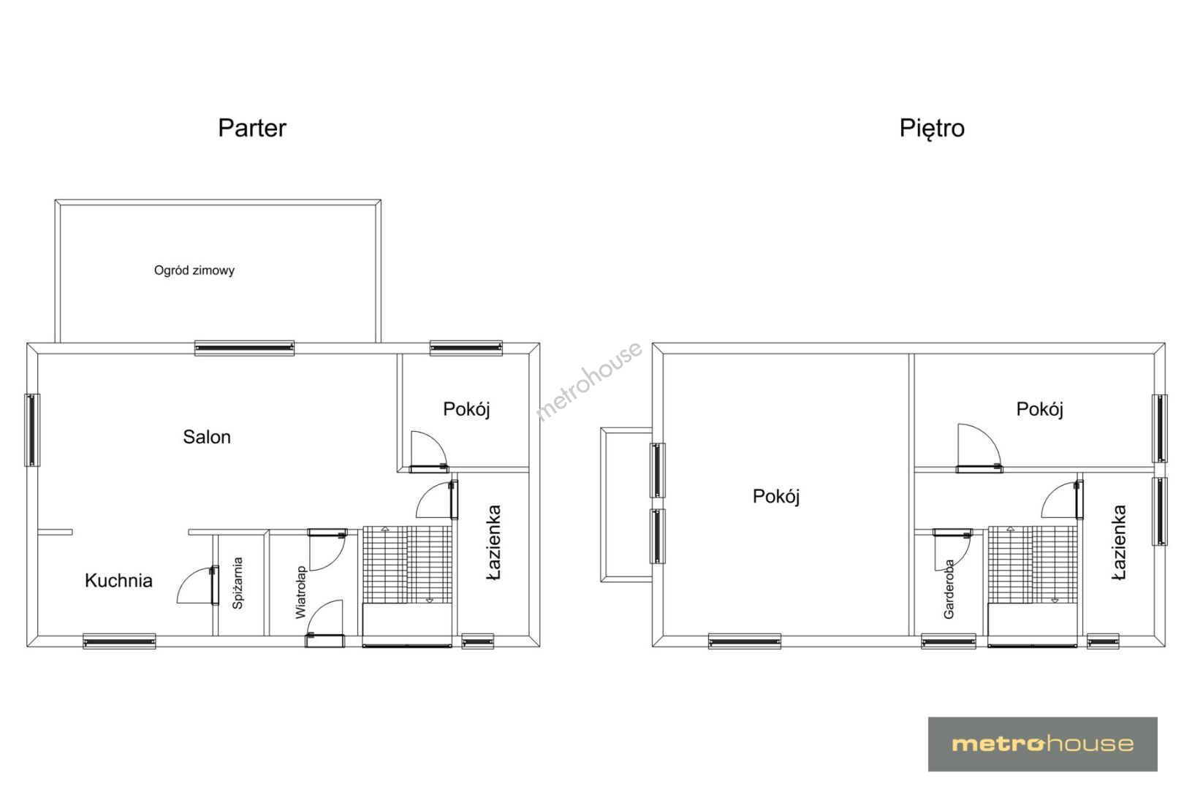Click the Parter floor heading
(252, 129)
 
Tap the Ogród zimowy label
(194, 270)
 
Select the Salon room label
(207, 437)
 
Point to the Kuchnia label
(118, 580)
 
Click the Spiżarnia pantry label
(238, 583)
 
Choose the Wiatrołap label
(301, 592)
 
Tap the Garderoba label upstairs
(949, 590)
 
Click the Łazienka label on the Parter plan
(493, 542)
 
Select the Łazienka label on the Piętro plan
(1119, 543)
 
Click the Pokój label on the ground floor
(466, 409)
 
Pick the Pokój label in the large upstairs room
(776, 496)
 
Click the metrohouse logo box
(1042, 744)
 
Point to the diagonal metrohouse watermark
(589, 381)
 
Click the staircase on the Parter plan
(407, 565)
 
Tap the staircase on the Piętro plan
(1032, 565)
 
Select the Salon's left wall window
(31, 430)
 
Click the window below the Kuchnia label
(119, 641)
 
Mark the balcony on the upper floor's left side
(626, 506)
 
